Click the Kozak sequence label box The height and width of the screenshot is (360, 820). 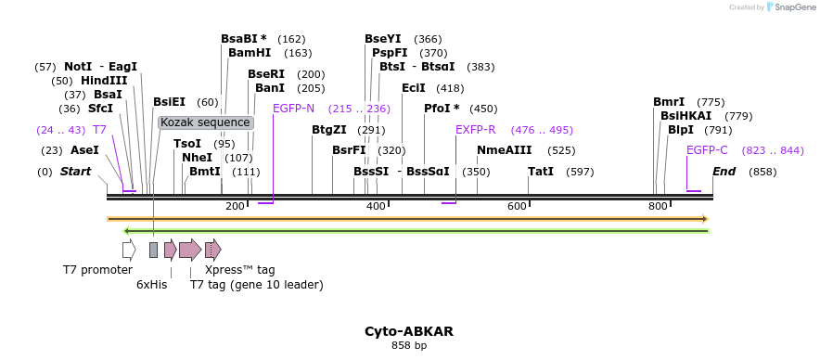click(205, 122)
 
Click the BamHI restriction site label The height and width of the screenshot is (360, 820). click(250, 53)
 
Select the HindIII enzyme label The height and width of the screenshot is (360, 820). click(104, 81)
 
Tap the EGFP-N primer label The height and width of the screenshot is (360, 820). click(293, 109)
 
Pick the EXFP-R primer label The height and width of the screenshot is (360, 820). click(475, 130)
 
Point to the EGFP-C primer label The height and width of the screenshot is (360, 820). click(707, 150)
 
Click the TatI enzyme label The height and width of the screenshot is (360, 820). click(541, 172)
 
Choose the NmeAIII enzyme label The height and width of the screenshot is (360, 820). click(505, 150)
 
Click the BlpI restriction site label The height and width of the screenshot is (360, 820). click(681, 130)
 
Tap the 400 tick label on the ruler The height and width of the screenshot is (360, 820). click(376, 206)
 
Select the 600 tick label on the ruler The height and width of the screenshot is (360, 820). click(517, 206)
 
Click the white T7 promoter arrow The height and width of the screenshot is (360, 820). click(129, 249)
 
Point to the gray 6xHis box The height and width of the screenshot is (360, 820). click(153, 249)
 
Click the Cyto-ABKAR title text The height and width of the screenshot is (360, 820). click(408, 331)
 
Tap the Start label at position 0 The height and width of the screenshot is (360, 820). click(76, 172)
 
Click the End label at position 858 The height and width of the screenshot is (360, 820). click(724, 172)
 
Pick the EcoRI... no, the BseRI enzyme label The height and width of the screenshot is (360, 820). click(266, 74)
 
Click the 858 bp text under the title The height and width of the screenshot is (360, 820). click(409, 346)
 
